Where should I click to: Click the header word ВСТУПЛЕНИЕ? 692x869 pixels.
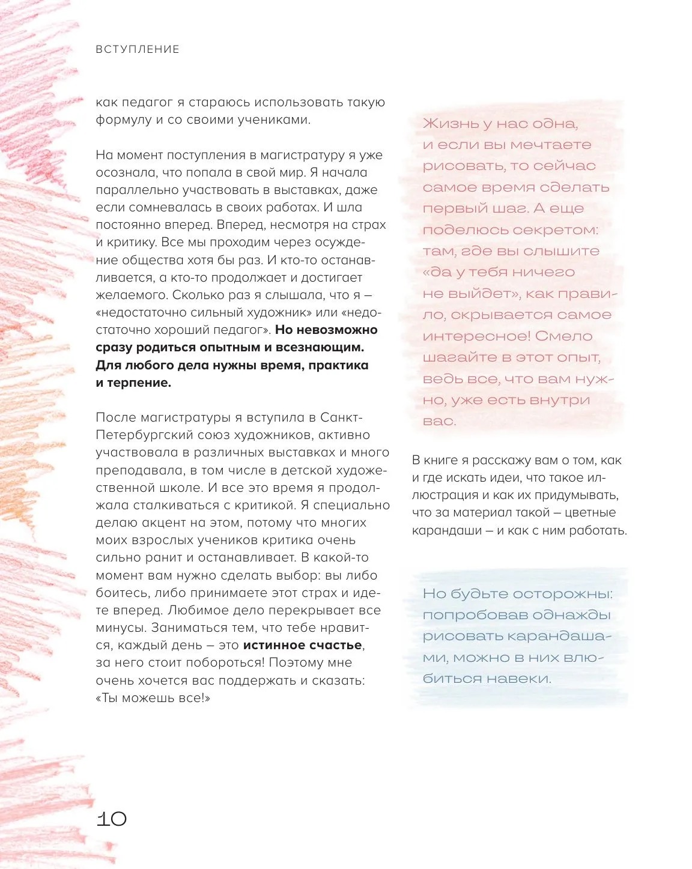pos(138,49)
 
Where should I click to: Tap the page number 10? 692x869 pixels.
pos(112,819)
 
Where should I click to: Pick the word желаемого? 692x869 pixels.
pos(131,295)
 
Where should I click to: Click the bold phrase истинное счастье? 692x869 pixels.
pos(303,646)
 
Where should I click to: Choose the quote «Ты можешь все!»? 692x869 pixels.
pos(153,698)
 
